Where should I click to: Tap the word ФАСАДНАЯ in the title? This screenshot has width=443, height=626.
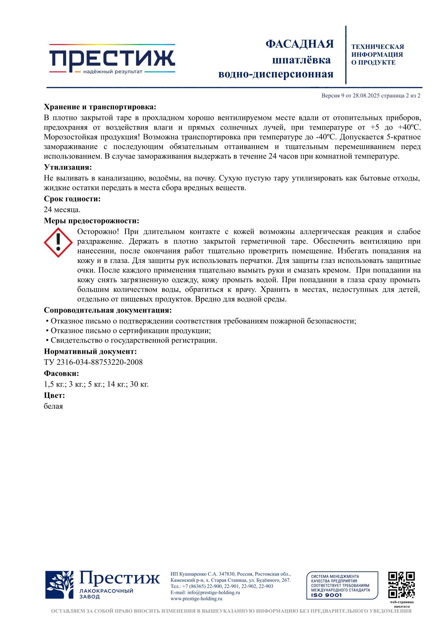point(299,44)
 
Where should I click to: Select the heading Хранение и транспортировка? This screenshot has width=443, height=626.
point(100,107)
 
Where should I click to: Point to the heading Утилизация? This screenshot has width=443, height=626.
point(68,167)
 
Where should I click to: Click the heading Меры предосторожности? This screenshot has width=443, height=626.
point(91,221)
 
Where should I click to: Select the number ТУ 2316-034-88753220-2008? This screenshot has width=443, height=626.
point(93,362)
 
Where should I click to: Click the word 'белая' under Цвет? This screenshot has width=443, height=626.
point(53,406)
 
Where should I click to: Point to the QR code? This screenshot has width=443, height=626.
point(401,585)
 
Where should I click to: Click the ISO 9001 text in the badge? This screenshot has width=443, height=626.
point(327,595)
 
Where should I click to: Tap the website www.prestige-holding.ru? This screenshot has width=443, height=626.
point(196,599)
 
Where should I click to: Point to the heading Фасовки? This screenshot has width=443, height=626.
point(61,374)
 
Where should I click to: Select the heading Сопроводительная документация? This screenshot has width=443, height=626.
point(108,310)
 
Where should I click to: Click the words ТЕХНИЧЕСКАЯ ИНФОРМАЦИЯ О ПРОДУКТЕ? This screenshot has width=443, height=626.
point(377,55)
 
